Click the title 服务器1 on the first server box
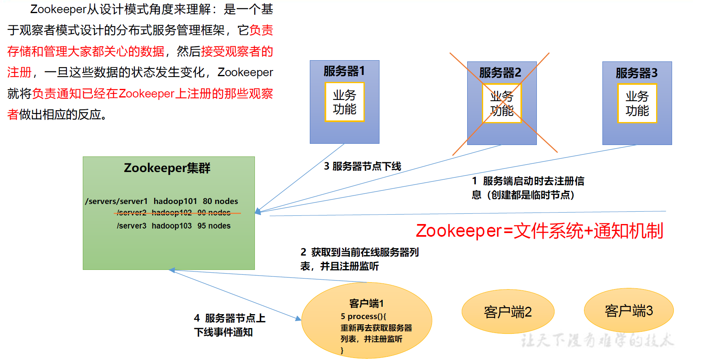[344, 71]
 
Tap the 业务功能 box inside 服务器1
[344, 102]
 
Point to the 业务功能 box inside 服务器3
[637, 104]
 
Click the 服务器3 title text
[636, 73]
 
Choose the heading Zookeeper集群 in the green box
[167, 168]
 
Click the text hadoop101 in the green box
[175, 201]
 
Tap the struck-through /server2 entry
[131, 213]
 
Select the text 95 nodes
[214, 226]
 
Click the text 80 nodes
[220, 201]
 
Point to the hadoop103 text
[171, 226]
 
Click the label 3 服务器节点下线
[362, 166]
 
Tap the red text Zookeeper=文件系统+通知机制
[539, 231]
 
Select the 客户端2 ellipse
[508, 312]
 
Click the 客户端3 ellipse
[629, 311]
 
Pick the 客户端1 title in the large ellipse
[366, 303]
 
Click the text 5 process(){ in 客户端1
[363, 316]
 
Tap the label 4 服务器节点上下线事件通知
[229, 325]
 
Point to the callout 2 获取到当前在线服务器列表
[359, 259]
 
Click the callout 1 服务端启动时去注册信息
[528, 188]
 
